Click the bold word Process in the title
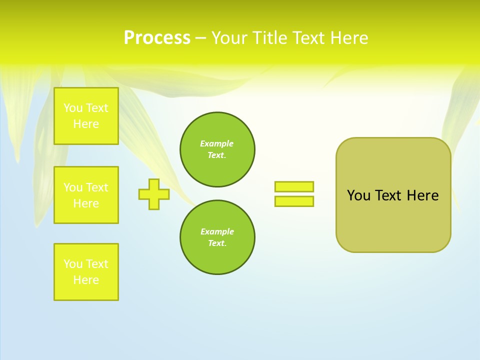click(157, 38)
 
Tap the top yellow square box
click(86, 116)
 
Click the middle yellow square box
click(86, 195)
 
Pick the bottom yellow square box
click(86, 272)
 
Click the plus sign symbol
click(154, 194)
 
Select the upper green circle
click(217, 149)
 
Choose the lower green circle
click(217, 237)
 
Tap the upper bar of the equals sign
click(294, 186)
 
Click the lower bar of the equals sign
click(294, 201)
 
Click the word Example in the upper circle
click(217, 143)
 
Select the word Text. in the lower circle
click(217, 243)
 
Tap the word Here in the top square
click(86, 124)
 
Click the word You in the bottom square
click(73, 264)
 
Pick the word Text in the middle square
click(97, 187)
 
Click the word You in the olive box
click(358, 195)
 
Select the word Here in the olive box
click(422, 195)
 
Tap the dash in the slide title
click(200, 38)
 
